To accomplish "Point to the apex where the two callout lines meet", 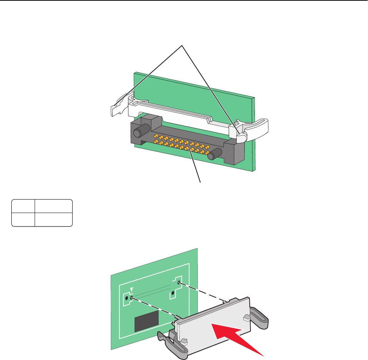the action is coord(182,45).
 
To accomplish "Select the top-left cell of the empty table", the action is coord(23,206).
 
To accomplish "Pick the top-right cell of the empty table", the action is coord(54,206).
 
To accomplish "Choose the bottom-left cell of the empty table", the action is coord(23,220).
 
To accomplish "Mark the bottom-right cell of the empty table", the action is coord(54,220).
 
